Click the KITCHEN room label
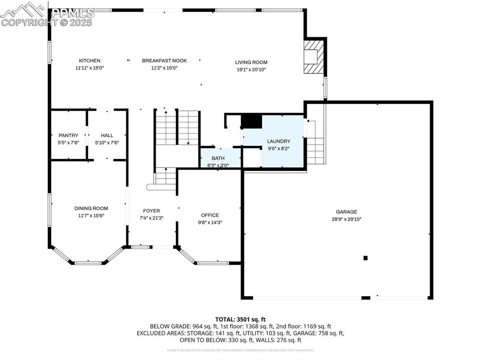coord(89,61)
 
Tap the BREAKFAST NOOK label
coord(164,61)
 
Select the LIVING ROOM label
coord(251,62)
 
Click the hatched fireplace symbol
coord(314,56)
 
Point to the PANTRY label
coord(68,135)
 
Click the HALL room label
coord(107,135)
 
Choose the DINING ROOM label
coord(91,208)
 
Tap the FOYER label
coord(151,211)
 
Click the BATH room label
coord(218,158)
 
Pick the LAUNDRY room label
coord(279,141)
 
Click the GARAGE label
coord(346,212)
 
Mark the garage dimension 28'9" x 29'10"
coord(346,219)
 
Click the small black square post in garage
coord(365,258)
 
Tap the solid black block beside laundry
coord(251,121)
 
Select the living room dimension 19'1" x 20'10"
coord(251,69)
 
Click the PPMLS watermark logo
coord(47,14)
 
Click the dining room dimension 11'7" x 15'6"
coord(91,215)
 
